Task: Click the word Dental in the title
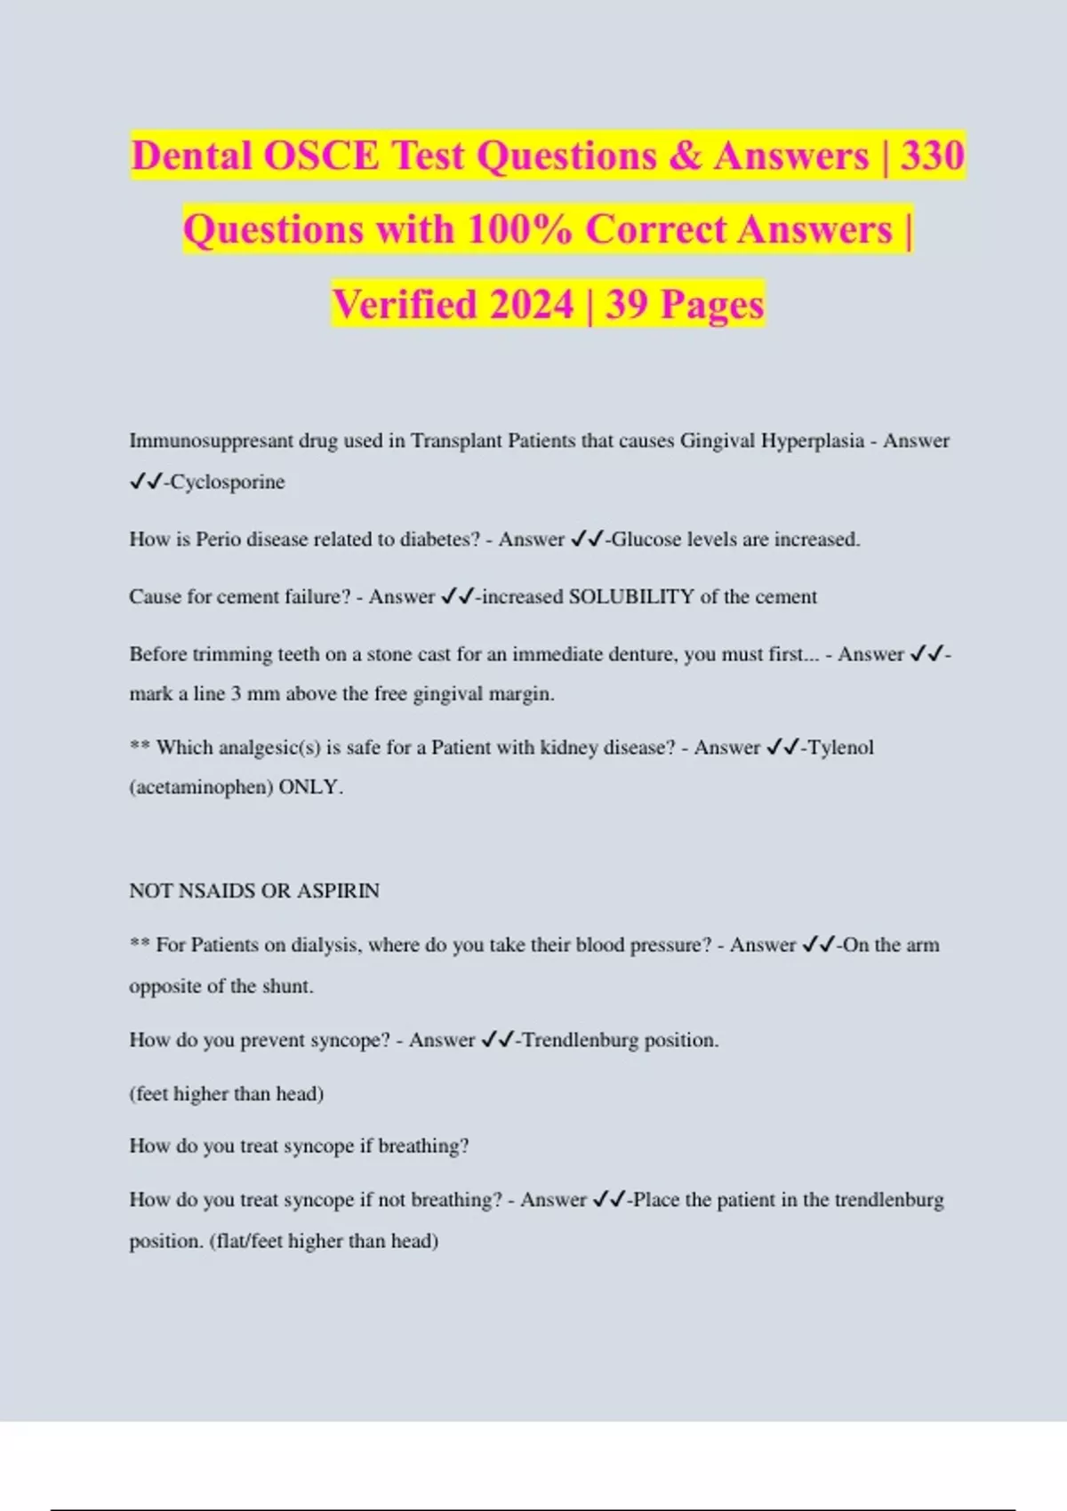click(x=191, y=156)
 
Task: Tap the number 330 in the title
click(x=932, y=156)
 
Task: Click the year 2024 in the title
click(x=531, y=305)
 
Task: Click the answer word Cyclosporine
click(x=228, y=482)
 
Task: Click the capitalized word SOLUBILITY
click(x=631, y=596)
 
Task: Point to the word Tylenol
click(x=840, y=748)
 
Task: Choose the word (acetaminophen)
click(x=201, y=787)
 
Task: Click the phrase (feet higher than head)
click(x=227, y=1093)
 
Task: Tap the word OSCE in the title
click(x=321, y=156)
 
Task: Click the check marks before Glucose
click(x=587, y=540)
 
